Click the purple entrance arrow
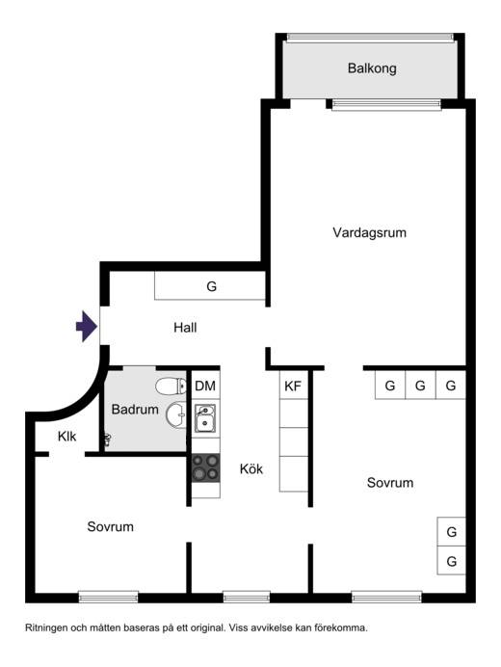pyautogui.click(x=87, y=326)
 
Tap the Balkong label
pyautogui.click(x=372, y=68)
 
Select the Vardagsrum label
pyautogui.click(x=369, y=232)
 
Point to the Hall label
pyautogui.click(x=185, y=327)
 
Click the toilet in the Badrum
pyautogui.click(x=171, y=387)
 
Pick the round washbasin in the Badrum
pyautogui.click(x=176, y=414)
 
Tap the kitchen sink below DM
pyautogui.click(x=205, y=417)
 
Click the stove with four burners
pyautogui.click(x=206, y=467)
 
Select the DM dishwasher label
pyautogui.click(x=205, y=386)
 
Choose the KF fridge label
pyautogui.click(x=293, y=386)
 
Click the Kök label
pyautogui.click(x=251, y=468)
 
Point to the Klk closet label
pyautogui.click(x=67, y=436)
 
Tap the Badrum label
pyautogui.click(x=135, y=410)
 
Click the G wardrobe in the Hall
pyautogui.click(x=211, y=286)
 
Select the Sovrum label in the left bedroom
pyautogui.click(x=110, y=526)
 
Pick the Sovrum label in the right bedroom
pyautogui.click(x=390, y=482)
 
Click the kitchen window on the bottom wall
pyautogui.click(x=247, y=598)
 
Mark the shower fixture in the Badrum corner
pyautogui.click(x=108, y=440)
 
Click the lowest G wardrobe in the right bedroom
pyautogui.click(x=451, y=560)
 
